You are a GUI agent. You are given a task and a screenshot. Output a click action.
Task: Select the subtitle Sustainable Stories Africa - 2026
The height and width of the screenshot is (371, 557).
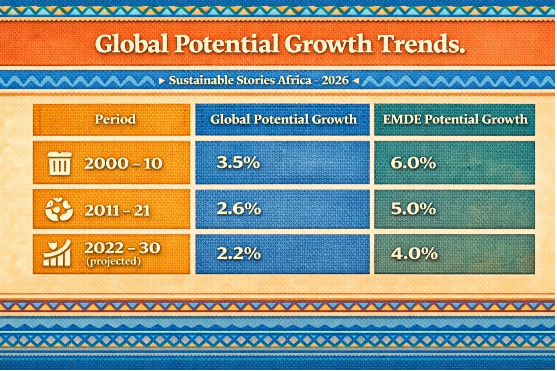(x=258, y=80)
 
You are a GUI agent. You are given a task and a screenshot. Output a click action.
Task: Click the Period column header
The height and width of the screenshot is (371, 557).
(x=115, y=120)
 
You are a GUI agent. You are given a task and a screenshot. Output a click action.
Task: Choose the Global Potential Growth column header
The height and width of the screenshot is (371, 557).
(x=283, y=120)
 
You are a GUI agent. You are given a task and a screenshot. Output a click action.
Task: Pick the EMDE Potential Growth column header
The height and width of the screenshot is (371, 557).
(x=455, y=120)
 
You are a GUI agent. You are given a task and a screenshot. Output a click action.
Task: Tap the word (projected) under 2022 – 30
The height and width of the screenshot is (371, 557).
(x=113, y=262)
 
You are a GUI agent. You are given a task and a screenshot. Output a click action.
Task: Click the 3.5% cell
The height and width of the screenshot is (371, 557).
(x=238, y=163)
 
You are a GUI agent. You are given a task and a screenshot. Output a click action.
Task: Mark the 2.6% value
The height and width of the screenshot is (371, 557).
(x=239, y=209)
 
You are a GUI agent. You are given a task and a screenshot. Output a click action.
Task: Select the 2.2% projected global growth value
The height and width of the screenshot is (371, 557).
(x=239, y=254)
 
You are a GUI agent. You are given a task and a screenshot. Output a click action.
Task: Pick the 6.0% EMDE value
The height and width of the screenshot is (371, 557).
(x=413, y=163)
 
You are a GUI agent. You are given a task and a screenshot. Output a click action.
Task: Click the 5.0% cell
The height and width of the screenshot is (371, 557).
(x=413, y=209)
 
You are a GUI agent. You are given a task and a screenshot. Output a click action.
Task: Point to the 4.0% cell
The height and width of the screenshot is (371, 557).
(x=414, y=254)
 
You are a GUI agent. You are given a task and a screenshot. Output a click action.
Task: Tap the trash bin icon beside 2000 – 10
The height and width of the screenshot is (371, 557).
(x=60, y=164)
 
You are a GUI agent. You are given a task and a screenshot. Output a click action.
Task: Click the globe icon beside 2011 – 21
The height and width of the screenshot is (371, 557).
(x=59, y=210)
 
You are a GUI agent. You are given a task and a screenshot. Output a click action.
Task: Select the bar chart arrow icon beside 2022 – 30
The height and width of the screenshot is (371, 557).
(x=58, y=254)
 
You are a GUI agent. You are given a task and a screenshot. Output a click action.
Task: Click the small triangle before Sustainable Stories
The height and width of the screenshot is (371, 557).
(x=162, y=81)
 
